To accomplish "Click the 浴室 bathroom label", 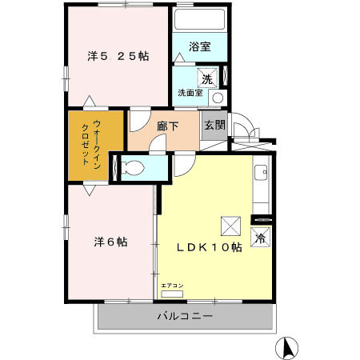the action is point(200,47).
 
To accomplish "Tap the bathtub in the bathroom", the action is point(199,19).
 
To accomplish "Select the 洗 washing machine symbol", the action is point(207,78).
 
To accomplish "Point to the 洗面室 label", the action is point(190,93).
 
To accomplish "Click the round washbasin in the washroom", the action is point(218,98).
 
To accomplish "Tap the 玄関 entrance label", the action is point(215,125).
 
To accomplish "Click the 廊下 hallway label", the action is point(167,126).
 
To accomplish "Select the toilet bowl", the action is point(133,168).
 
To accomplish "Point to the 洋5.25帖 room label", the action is point(118,56).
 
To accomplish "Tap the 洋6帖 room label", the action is point(110,242).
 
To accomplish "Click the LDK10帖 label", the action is point(210,247).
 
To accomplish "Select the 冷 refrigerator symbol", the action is point(260,238).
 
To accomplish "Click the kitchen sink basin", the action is point(261,173).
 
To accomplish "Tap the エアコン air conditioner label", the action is point(172,286).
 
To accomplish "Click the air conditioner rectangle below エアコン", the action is point(172,294).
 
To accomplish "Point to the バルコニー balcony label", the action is point(186,317).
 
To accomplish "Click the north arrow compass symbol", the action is point(286,348).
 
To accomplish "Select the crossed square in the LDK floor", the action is point(231,226).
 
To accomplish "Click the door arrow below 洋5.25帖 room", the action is point(90,102).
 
